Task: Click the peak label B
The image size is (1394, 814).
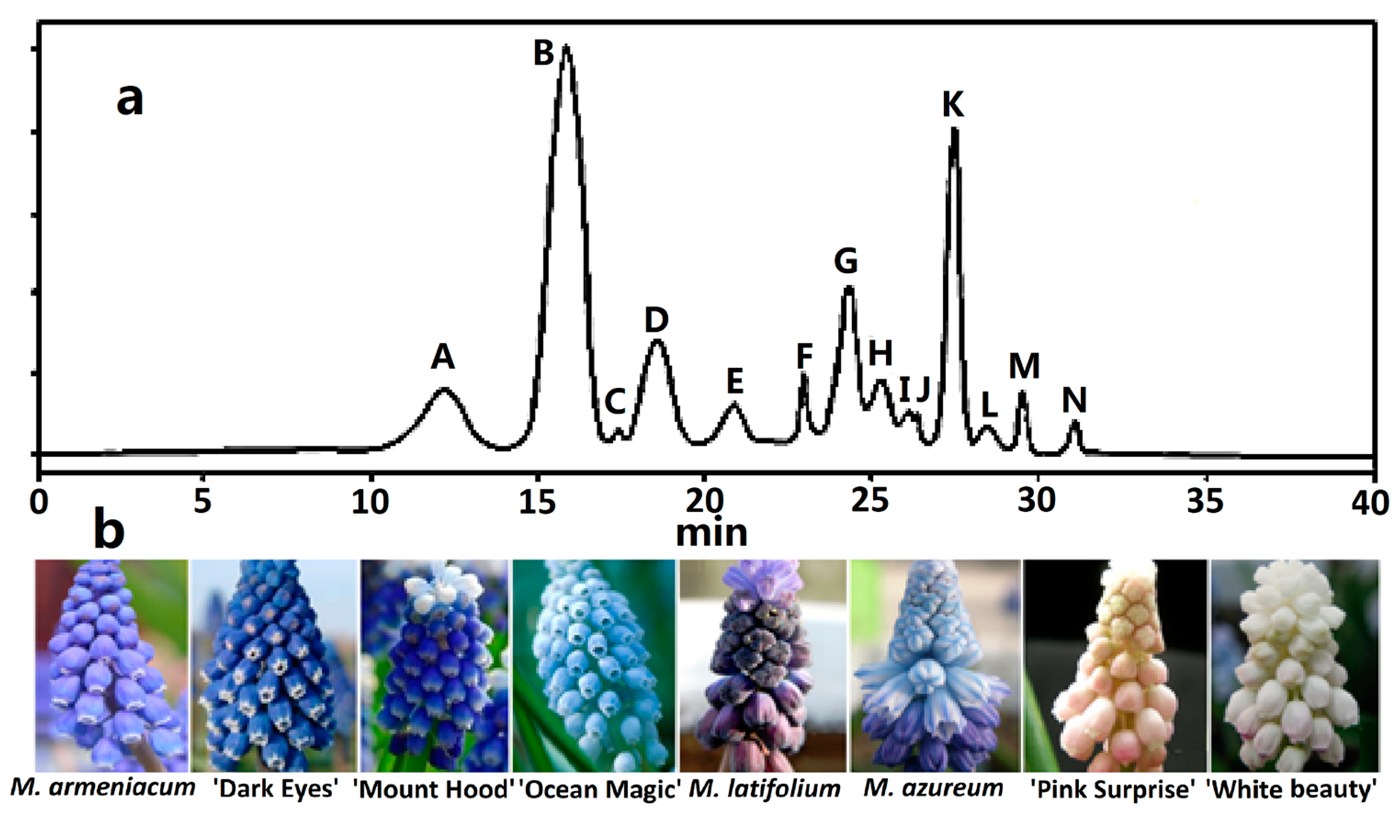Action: tap(544, 54)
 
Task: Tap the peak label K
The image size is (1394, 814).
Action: tap(953, 103)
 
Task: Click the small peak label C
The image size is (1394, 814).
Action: tap(615, 402)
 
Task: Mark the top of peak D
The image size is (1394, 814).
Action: tap(657, 341)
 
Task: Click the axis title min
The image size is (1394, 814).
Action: tap(711, 533)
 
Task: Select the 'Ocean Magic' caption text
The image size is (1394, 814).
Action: tap(600, 789)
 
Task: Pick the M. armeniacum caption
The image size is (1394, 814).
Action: tap(103, 787)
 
